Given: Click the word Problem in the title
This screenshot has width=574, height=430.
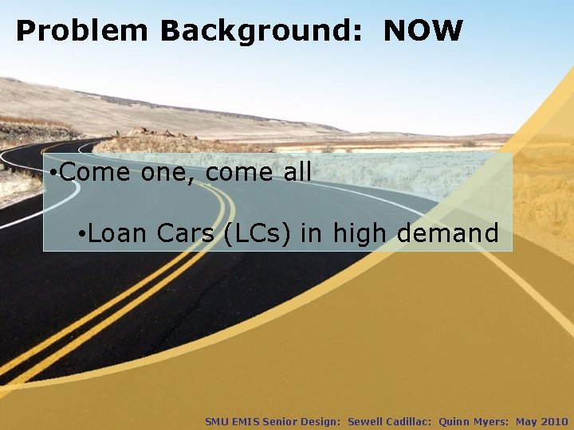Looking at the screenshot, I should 82,31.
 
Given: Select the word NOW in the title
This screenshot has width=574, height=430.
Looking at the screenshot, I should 423,31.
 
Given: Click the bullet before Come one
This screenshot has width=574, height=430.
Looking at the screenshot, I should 51,172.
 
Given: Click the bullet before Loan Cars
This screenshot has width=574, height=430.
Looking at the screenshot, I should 83,234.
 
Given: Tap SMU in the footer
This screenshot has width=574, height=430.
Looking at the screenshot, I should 216,421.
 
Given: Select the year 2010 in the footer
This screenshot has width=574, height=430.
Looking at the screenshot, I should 555,421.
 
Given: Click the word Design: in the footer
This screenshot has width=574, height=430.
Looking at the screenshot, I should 320,421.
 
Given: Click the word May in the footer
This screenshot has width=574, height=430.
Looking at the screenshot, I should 526,421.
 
